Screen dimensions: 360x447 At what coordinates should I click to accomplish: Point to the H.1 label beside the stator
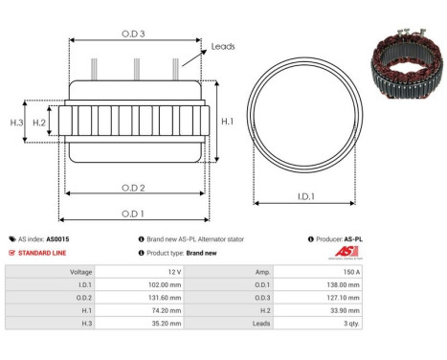227,123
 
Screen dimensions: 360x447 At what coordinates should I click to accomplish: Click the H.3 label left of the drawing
16,123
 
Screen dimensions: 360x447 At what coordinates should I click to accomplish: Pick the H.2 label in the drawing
39,123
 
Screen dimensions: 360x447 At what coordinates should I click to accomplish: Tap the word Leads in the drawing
223,45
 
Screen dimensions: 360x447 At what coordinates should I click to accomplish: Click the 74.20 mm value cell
171,310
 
